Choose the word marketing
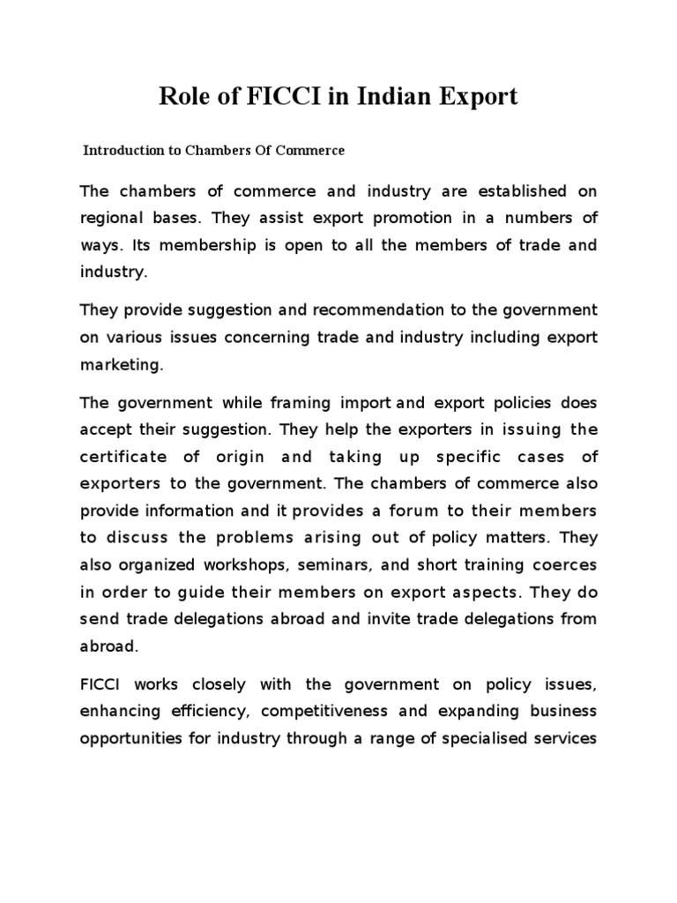click(x=120, y=364)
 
